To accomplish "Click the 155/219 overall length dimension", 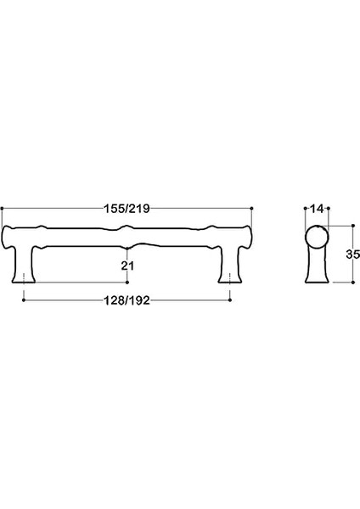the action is [127, 209].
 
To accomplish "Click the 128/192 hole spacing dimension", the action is [127, 300].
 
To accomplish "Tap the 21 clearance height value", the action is [127, 266].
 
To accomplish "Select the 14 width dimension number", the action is [317, 209].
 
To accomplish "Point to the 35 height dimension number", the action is [353, 254].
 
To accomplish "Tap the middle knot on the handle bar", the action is [127, 237].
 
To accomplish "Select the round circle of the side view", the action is [318, 238].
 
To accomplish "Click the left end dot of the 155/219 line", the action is [2, 209].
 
